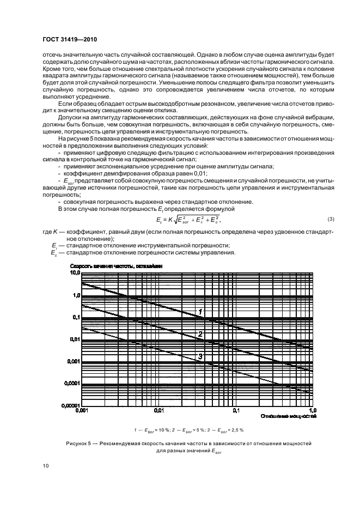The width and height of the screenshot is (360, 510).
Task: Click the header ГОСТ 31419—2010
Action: [x=70, y=40]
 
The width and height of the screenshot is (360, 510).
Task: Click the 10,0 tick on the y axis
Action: [x=75, y=272]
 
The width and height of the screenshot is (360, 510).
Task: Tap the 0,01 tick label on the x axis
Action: [x=158, y=410]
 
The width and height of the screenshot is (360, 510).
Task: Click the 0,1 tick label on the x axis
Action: [x=236, y=410]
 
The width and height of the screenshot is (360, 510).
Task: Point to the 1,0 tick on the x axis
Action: [x=313, y=410]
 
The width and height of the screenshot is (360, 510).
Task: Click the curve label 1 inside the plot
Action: [x=200, y=312]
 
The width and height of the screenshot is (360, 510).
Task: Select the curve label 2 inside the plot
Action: [x=200, y=334]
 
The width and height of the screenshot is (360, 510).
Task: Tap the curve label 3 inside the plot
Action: [x=200, y=356]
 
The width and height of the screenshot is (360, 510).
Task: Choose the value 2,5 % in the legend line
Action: [x=235, y=430]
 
